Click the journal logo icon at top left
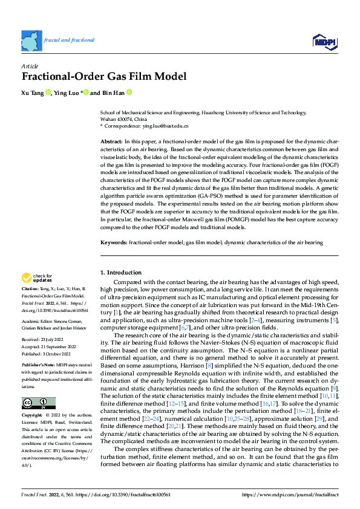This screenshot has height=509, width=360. pyautogui.click(x=31, y=41)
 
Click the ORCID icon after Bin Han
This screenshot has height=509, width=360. pyautogui.click(x=129, y=93)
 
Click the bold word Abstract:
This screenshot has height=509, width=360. pyautogui.click(x=111, y=140)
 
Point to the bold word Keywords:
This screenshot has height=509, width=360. pyautogui.click(x=113, y=242)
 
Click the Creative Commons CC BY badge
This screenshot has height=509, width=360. pyautogui.click(x=39, y=404)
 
